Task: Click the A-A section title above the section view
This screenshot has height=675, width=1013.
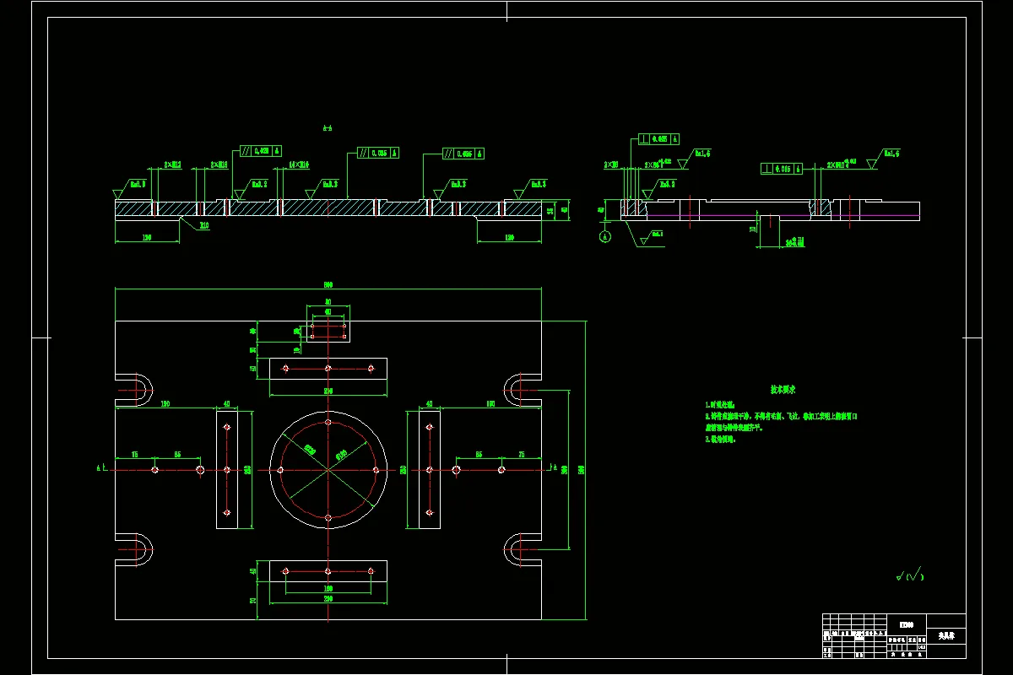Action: pyautogui.click(x=328, y=128)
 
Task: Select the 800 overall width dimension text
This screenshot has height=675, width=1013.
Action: pyautogui.click(x=328, y=285)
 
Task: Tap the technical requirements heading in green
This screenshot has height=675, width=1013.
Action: pyautogui.click(x=783, y=390)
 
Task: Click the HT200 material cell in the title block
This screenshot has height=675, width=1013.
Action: pyautogui.click(x=906, y=624)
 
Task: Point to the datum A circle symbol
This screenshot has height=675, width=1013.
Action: pyautogui.click(x=604, y=237)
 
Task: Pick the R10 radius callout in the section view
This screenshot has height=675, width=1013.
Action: pyautogui.click(x=204, y=225)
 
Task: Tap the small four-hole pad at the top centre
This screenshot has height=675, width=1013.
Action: pyautogui.click(x=328, y=324)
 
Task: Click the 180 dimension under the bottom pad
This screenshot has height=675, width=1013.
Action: pyautogui.click(x=328, y=588)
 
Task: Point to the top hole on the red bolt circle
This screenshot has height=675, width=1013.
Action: pyautogui.click(x=328, y=421)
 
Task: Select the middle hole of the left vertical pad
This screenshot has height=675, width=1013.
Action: pyautogui.click(x=227, y=469)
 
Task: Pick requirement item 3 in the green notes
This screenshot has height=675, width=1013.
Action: pyautogui.click(x=720, y=439)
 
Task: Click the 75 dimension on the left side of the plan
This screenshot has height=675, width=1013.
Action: pyautogui.click(x=135, y=455)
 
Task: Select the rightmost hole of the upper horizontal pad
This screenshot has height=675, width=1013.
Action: pyautogui.click(x=371, y=369)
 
